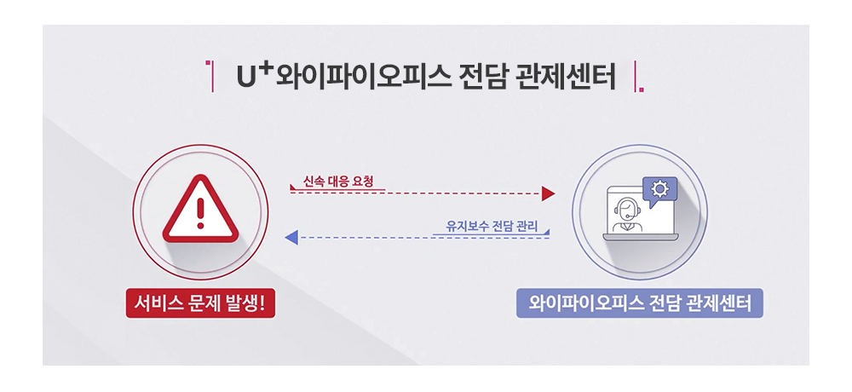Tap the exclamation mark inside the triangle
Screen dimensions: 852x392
pyautogui.click(x=200, y=213)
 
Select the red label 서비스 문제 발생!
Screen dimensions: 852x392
pyautogui.click(x=200, y=303)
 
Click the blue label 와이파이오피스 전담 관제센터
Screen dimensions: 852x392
pyautogui.click(x=640, y=303)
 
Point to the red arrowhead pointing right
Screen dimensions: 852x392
pyautogui.click(x=548, y=193)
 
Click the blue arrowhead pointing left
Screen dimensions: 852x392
pyautogui.click(x=291, y=237)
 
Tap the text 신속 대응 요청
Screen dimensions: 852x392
pyautogui.click(x=338, y=182)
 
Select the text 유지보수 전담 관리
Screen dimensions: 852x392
pyautogui.click(x=492, y=226)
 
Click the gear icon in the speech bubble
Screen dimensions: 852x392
pyautogui.click(x=660, y=188)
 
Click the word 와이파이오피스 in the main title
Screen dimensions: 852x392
pyautogui.click(x=363, y=78)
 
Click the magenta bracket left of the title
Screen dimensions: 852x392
pyautogui.click(x=210, y=77)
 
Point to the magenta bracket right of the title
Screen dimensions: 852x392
pyautogui.click(x=638, y=77)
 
